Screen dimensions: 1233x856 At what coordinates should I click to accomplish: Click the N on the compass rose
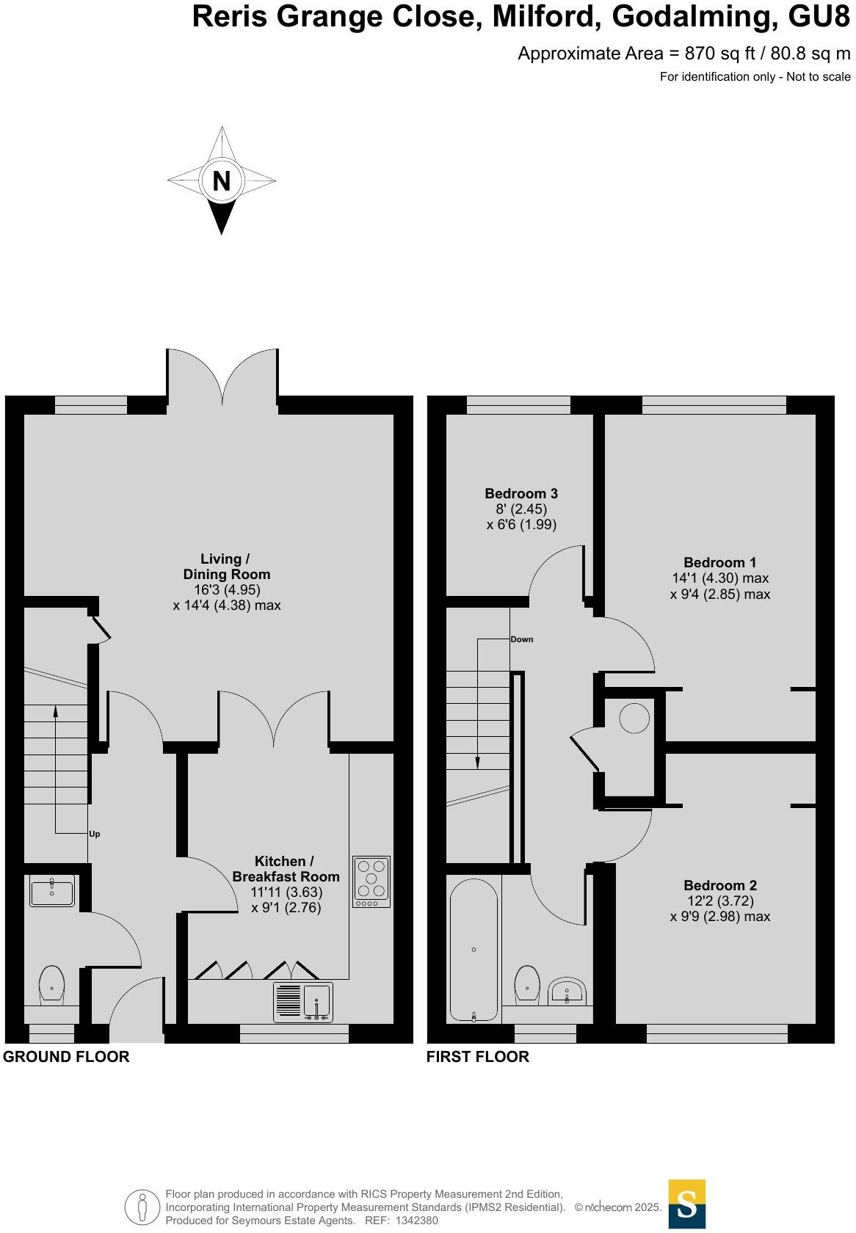point(222,180)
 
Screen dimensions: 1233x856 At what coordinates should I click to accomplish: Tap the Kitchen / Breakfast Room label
point(286,869)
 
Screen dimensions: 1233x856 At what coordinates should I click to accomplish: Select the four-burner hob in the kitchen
point(371,881)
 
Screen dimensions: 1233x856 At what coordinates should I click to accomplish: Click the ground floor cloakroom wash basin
point(52,892)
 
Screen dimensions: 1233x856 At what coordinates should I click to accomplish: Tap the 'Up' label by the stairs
point(94,834)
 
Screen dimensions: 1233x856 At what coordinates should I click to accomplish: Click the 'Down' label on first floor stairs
point(522,639)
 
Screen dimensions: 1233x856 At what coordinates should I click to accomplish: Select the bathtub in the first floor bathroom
point(474,949)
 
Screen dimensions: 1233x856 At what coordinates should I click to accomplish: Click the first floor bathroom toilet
point(528,983)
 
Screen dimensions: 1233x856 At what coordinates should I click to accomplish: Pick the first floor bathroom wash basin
point(567,990)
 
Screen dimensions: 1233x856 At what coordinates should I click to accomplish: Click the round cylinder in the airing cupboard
point(634,719)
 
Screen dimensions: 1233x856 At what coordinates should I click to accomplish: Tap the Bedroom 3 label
point(521,493)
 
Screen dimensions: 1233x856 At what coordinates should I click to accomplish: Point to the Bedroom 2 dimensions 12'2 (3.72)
point(719,901)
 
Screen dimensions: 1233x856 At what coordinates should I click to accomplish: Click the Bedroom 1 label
point(719,562)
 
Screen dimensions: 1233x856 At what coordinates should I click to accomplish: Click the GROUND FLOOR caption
point(66,1057)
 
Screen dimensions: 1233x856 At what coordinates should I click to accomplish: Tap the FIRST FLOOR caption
point(477,1057)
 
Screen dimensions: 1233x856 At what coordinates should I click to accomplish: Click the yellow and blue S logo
point(686,1204)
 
